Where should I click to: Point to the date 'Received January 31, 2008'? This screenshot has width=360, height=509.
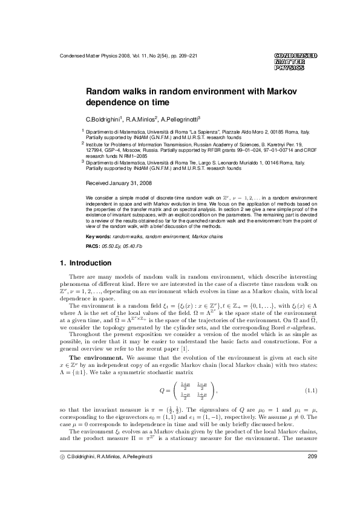pos(119,182)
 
